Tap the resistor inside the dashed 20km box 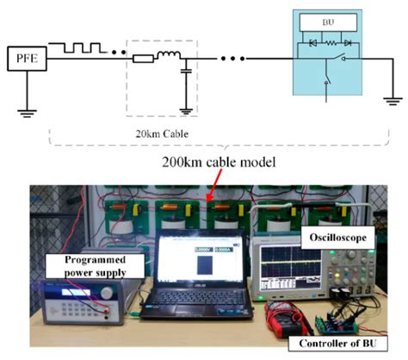point(145,59)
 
